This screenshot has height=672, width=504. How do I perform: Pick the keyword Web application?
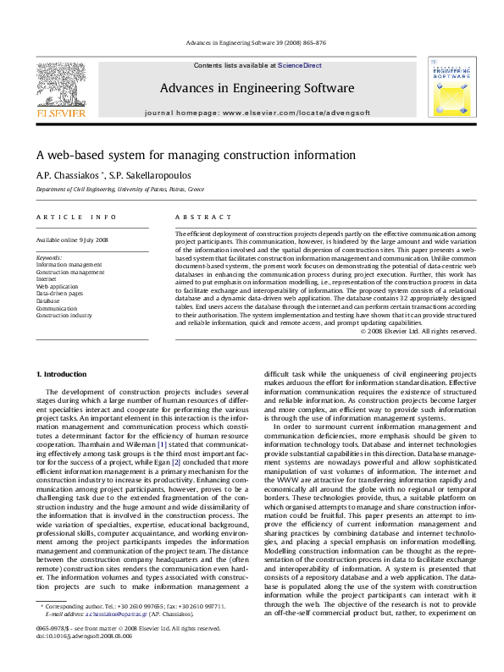[x=56, y=286]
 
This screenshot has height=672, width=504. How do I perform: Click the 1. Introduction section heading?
[x=63, y=373]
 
